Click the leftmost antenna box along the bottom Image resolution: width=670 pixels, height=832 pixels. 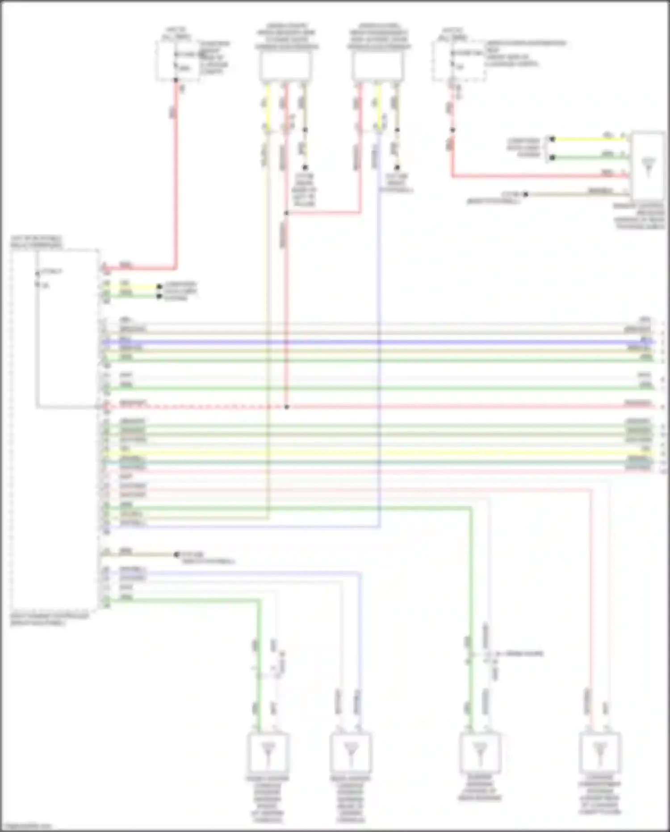[268, 752]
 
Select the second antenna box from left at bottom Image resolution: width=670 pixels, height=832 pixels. [351, 752]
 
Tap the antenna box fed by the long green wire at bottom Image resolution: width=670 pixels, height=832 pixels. [480, 752]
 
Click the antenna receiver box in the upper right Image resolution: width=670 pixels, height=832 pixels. [648, 165]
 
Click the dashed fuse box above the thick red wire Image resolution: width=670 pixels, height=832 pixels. [177, 61]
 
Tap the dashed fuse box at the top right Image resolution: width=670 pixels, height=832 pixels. [459, 61]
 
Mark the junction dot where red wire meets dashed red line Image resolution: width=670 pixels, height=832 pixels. [286, 407]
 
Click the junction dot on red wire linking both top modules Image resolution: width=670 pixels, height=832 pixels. [286, 213]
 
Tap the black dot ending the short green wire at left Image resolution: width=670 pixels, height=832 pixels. [159, 296]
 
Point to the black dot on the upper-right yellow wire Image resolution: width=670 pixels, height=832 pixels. [552, 139]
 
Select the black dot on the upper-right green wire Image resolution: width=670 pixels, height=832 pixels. [552, 157]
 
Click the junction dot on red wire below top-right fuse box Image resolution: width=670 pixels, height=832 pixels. [452, 130]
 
